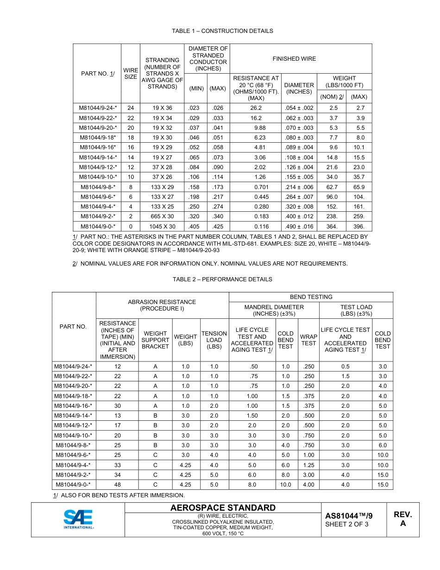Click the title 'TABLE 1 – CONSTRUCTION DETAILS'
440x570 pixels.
point(222,31)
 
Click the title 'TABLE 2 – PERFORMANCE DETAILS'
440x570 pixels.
point(222,279)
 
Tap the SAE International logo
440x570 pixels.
point(78,519)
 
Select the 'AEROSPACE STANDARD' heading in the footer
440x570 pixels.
point(223,508)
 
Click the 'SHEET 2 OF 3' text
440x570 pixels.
point(347,525)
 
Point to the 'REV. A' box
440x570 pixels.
point(402,519)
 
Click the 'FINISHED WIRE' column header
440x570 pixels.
point(294,59)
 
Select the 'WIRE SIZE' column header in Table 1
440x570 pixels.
point(131,74)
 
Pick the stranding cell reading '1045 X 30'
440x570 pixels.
point(162,227)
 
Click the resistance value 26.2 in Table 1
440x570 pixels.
point(256,108)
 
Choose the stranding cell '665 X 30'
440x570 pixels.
point(162,217)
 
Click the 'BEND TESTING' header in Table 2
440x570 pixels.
point(311,297)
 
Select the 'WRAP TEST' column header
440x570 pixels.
point(308,340)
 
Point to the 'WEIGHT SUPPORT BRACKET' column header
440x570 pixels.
point(155,340)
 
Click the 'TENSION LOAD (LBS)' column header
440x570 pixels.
point(214,340)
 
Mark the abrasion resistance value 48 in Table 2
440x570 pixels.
point(117,485)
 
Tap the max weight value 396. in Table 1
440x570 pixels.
point(359,227)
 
